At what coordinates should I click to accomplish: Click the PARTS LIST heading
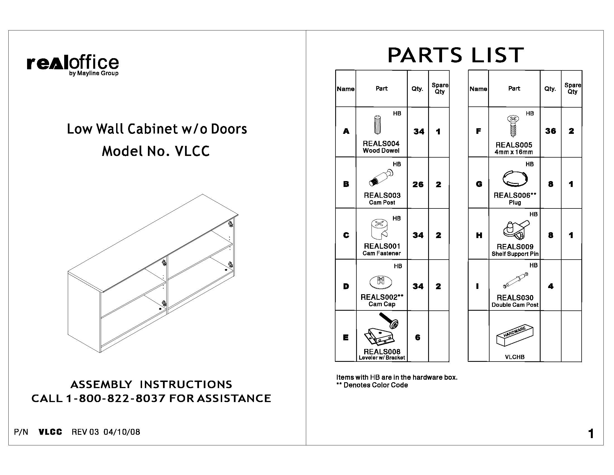pyautogui.click(x=455, y=55)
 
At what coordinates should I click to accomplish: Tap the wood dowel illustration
pyautogui.click(x=377, y=125)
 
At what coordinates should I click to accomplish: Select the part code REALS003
pyautogui.click(x=382, y=195)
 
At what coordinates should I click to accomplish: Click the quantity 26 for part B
pyautogui.click(x=418, y=185)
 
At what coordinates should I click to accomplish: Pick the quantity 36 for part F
pyautogui.click(x=550, y=131)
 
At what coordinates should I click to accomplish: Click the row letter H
pyautogui.click(x=479, y=235)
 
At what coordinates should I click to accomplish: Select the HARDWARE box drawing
pyautogui.click(x=515, y=335)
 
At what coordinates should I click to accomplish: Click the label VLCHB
pyautogui.click(x=514, y=357)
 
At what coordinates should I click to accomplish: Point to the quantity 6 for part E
pyautogui.click(x=418, y=338)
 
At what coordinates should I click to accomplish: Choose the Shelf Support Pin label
pyautogui.click(x=515, y=254)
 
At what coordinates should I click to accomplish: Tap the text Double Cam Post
pyautogui.click(x=515, y=305)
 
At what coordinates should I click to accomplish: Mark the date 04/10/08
pyautogui.click(x=122, y=432)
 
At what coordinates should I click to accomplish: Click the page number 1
pyautogui.click(x=591, y=434)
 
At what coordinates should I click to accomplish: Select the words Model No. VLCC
pyautogui.click(x=155, y=151)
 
